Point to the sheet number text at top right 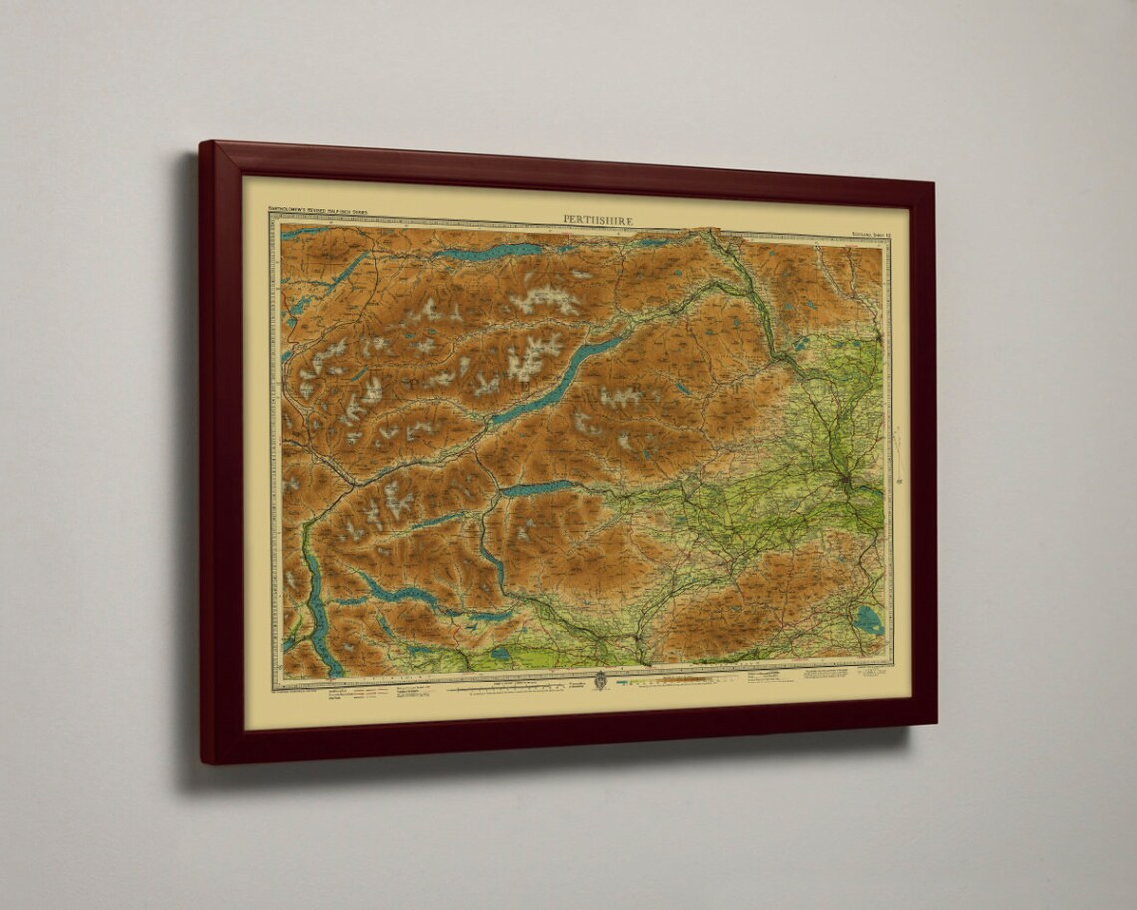860,235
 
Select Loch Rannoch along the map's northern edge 489,251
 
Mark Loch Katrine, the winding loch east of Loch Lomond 399,595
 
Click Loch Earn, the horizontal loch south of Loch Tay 539,489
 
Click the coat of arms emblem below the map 599,682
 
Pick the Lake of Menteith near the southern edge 500,654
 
